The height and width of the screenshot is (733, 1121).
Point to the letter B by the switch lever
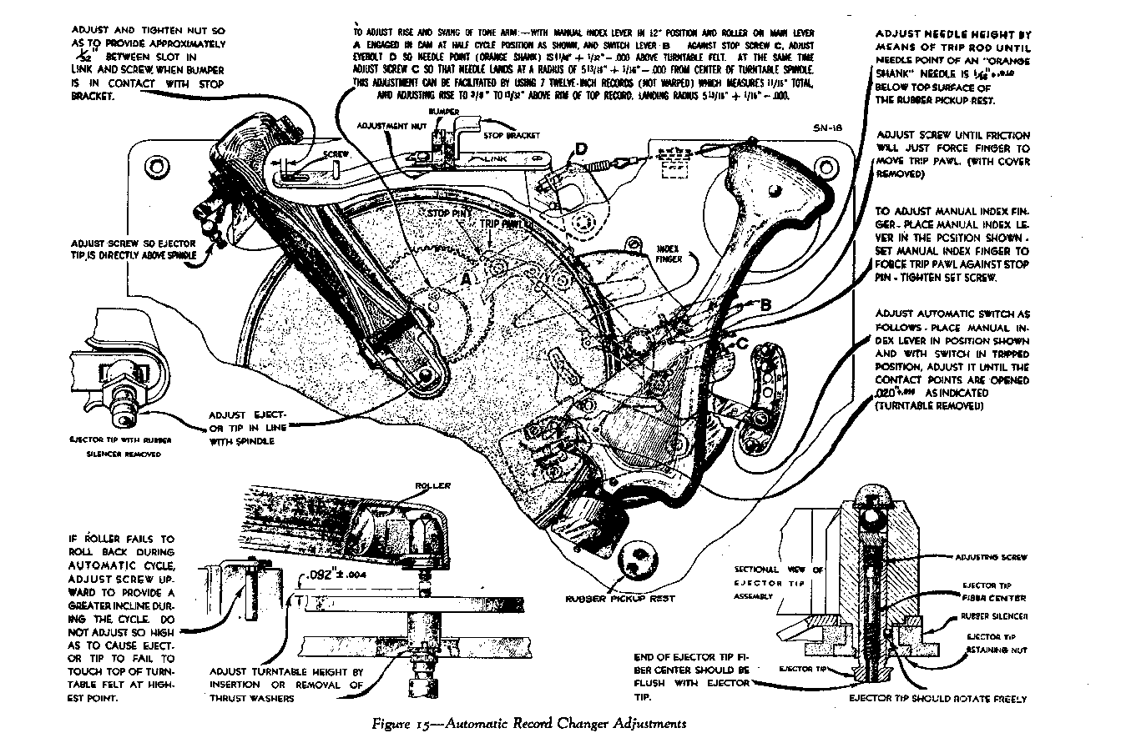(764, 305)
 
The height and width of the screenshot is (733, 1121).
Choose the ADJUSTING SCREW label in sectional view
(992, 556)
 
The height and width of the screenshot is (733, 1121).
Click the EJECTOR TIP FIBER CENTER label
(994, 591)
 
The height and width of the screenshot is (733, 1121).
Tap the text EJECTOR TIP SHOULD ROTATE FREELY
(937, 699)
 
